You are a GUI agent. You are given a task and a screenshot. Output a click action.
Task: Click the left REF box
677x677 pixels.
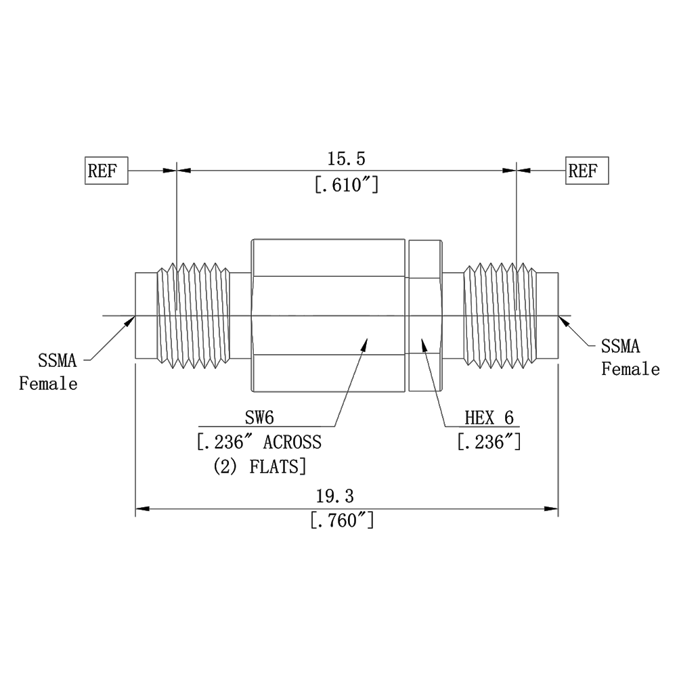(106, 170)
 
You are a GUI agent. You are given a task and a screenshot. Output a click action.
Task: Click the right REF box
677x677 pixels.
(587, 170)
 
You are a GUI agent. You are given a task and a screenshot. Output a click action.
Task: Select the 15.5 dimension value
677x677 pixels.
(346, 159)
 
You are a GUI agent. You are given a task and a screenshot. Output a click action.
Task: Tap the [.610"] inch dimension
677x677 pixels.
(346, 184)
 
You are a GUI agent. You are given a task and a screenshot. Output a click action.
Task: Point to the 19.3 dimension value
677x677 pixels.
(335, 496)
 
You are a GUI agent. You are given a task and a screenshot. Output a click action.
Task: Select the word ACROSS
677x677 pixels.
(292, 443)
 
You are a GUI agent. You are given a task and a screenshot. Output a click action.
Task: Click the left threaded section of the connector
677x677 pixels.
(193, 315)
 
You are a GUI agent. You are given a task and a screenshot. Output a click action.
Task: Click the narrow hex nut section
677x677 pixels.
(425, 315)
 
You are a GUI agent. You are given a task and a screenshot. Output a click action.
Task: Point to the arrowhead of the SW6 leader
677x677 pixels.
(366, 344)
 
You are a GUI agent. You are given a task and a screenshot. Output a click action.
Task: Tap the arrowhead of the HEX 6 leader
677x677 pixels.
(424, 344)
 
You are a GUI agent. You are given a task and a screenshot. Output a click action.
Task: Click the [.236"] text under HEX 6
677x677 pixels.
(489, 443)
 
